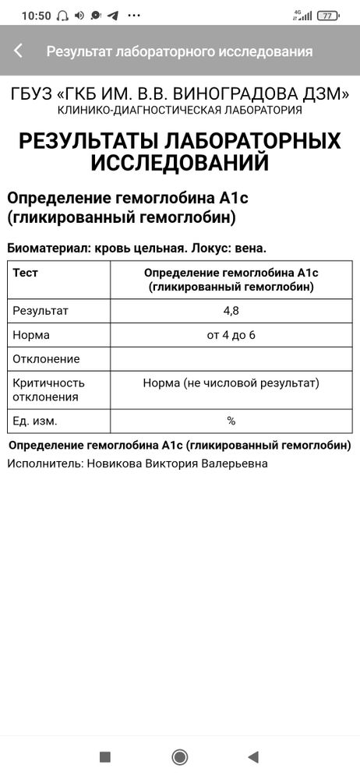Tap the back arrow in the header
(x=18, y=51)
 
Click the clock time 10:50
(x=36, y=15)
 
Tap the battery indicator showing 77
(x=328, y=15)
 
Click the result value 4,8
(x=231, y=311)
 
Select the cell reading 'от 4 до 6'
(x=231, y=335)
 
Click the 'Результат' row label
(x=41, y=311)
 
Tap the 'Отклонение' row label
(x=46, y=359)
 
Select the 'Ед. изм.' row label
(x=35, y=421)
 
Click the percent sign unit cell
(x=231, y=421)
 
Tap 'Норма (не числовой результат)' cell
(x=231, y=383)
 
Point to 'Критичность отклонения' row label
(x=48, y=389)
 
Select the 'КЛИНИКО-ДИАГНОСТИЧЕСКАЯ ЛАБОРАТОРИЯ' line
(x=180, y=111)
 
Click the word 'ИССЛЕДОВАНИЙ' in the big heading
(x=180, y=163)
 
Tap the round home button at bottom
(x=180, y=756)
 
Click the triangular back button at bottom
(x=252, y=756)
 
